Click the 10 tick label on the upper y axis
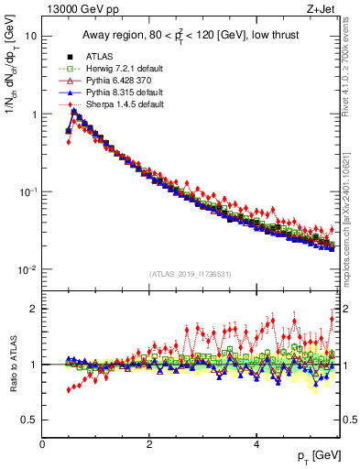pyautogui.click(x=30, y=37)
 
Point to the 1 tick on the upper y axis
pyautogui.click(x=33, y=115)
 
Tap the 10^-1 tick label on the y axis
pyautogui.click(x=27, y=191)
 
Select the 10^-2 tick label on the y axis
pyautogui.click(x=27, y=269)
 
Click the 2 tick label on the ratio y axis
pyautogui.click(x=33, y=309)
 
